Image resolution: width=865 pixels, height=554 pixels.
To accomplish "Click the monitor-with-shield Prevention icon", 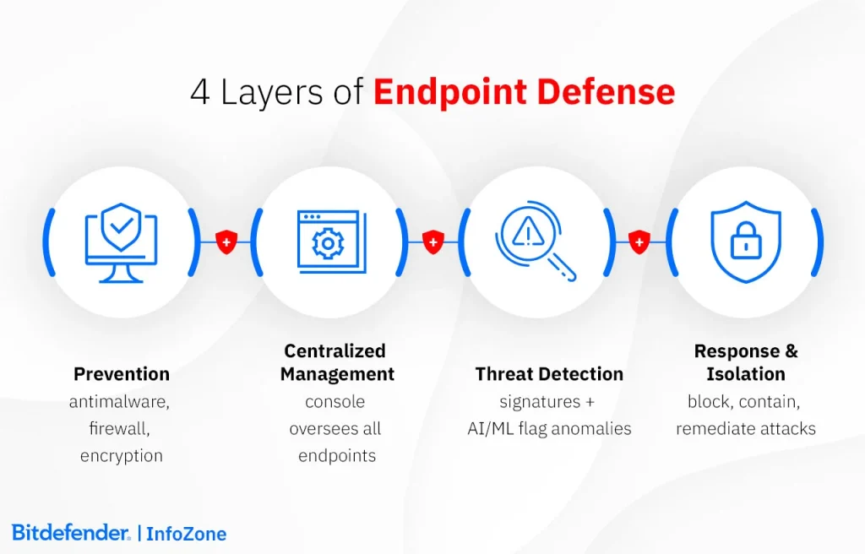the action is pos(121,242).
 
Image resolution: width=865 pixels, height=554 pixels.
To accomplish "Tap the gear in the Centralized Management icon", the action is pos(328,243).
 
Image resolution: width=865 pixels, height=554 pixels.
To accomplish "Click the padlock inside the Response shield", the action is pos(746,240).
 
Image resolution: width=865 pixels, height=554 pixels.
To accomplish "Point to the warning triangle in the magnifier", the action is pos(528,231).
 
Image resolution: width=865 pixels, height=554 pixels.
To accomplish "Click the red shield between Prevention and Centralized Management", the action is pos(226,242).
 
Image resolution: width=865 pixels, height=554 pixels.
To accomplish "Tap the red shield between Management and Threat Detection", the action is pos(433,242).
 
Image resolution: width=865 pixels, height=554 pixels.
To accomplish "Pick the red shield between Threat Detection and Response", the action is pos(639,242).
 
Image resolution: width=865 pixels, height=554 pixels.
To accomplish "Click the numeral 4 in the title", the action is pos(199,92).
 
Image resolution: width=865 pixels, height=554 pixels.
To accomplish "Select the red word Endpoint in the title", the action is pos(450,92).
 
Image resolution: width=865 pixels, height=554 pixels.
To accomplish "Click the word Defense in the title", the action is pos(606,91).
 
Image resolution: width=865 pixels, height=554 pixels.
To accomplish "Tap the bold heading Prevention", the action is pos(122,374).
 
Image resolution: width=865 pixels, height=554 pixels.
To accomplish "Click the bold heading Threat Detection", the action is pos(549,374).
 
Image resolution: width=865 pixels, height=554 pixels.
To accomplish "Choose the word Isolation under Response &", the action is pos(746,374).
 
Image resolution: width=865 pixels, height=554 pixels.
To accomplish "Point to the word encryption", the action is pos(122,456).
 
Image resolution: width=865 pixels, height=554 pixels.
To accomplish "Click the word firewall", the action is pos(118,429).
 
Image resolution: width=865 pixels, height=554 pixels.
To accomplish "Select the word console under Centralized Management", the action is pos(335,402).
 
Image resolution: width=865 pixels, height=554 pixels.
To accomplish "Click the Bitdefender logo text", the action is pos(71,533).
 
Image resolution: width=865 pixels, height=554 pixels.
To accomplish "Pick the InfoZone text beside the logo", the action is pos(187,534).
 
